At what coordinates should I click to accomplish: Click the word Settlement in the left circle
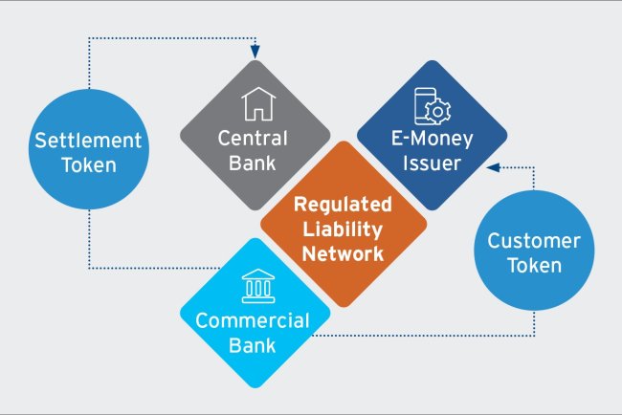88,140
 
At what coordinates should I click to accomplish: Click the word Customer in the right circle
535,241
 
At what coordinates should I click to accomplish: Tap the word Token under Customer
535,266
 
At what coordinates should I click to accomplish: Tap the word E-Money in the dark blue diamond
431,139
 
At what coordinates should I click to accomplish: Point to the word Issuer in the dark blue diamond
431,163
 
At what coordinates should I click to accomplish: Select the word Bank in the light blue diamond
253,344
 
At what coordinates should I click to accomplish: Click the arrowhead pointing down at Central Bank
255,54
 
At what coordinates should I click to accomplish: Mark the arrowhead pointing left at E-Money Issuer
492,167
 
